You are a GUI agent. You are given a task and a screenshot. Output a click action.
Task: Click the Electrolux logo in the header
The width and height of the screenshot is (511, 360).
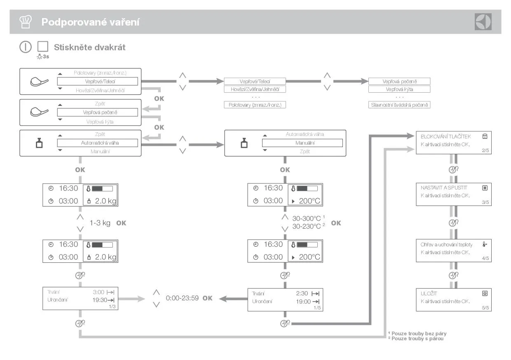coord(483,22)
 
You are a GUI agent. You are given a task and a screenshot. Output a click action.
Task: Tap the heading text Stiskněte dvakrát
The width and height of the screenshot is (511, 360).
coord(89,47)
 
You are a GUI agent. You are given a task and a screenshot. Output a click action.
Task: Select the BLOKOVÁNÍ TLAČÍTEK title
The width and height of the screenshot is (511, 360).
coord(445,136)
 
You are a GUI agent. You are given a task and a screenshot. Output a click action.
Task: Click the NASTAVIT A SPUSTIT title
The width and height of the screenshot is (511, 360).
coord(443,187)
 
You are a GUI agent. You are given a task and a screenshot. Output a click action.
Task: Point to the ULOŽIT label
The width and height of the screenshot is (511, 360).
coord(429,293)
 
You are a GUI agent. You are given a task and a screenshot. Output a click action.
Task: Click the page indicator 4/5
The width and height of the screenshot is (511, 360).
coord(485,258)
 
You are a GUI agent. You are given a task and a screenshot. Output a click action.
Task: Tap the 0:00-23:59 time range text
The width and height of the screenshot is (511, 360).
coord(183,298)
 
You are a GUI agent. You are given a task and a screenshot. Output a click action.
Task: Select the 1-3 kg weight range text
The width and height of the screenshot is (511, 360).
coord(100,223)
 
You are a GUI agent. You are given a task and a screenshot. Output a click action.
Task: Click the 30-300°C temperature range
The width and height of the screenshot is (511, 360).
coord(307,218)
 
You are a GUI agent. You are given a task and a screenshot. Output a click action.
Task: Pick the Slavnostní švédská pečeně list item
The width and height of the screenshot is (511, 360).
coord(399,105)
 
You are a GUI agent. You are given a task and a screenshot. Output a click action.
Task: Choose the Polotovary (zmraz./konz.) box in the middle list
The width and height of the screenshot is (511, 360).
coord(255,105)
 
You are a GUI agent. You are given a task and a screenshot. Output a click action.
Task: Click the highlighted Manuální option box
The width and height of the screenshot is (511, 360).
coord(302,143)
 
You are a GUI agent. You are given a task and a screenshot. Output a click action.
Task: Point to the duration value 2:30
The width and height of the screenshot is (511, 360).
coord(302,293)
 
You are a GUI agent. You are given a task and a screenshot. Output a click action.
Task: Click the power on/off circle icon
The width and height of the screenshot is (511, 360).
coord(26,47)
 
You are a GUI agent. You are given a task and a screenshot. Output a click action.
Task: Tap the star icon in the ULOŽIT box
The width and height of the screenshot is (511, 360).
coord(485,293)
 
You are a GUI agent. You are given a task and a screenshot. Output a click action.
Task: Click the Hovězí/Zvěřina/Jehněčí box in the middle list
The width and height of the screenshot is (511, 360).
coord(255,89)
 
